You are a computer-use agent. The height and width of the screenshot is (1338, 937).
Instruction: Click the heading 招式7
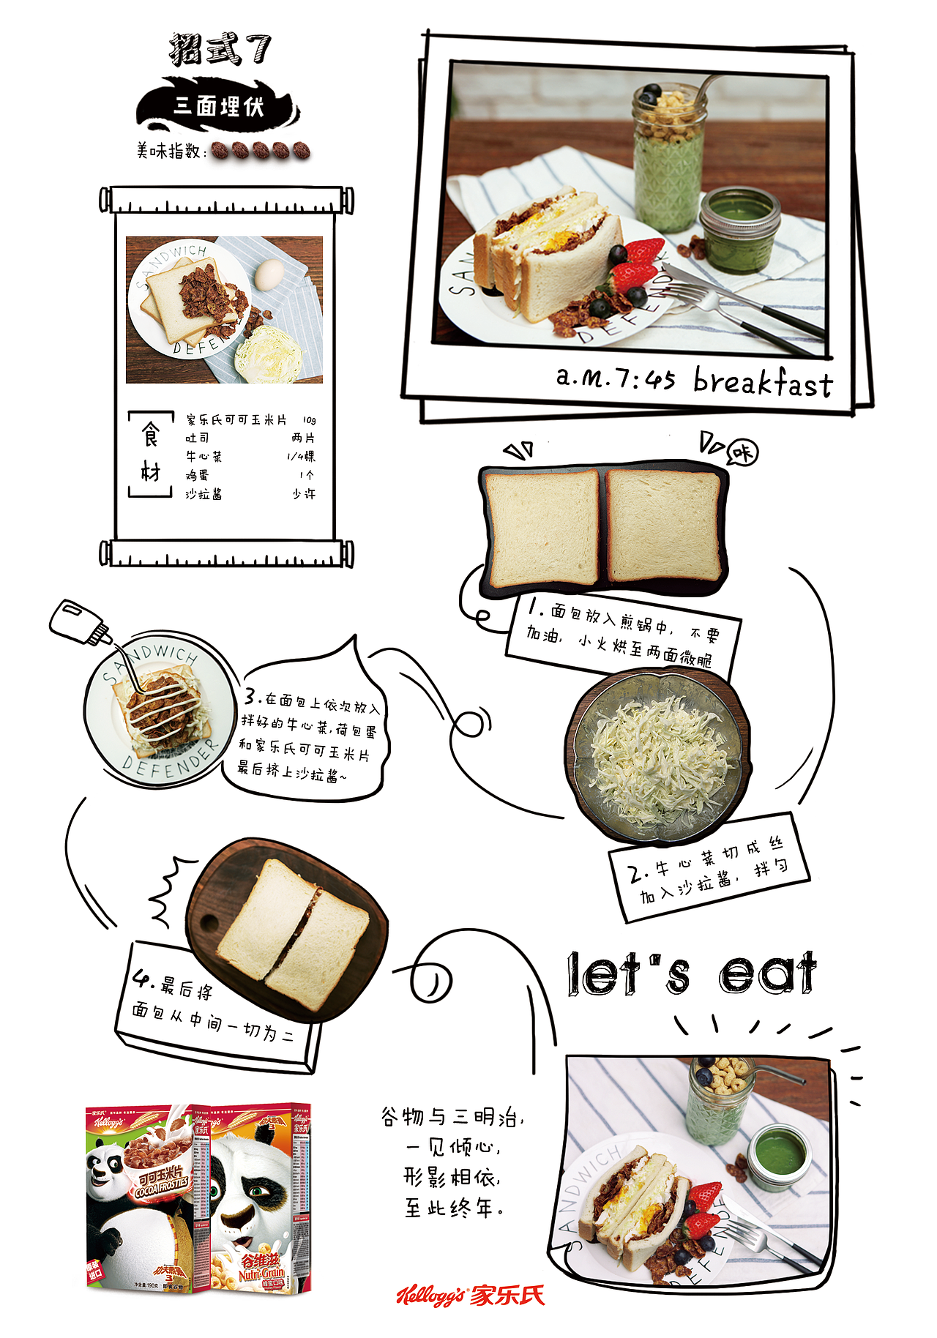tap(220, 50)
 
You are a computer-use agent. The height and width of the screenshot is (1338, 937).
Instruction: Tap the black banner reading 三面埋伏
tap(218, 107)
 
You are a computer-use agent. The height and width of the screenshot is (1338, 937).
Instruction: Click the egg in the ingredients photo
tap(269, 275)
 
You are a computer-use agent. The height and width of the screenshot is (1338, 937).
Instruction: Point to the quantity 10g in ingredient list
tap(309, 420)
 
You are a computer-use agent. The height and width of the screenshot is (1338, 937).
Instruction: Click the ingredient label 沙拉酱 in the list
tap(204, 495)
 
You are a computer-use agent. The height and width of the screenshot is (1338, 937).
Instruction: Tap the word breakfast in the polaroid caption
tap(763, 382)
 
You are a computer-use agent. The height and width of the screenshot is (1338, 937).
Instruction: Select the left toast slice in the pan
tap(542, 528)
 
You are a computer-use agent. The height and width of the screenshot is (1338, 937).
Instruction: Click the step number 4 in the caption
tap(142, 979)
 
